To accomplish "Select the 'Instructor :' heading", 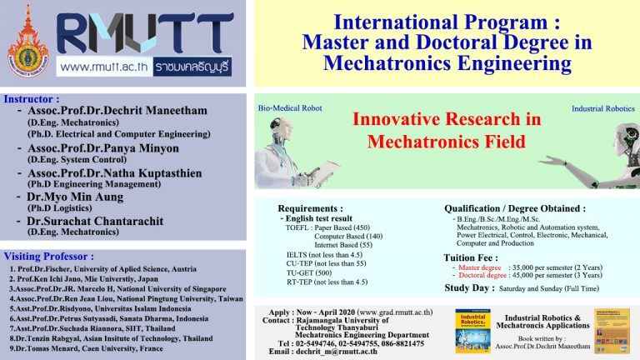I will (34, 97).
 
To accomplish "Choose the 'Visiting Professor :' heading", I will (49, 256).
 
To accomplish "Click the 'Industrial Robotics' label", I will (602, 109).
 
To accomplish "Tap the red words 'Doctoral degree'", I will (481, 274).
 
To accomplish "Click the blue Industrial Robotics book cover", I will (472, 330).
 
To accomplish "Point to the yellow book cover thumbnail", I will (610, 330).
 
